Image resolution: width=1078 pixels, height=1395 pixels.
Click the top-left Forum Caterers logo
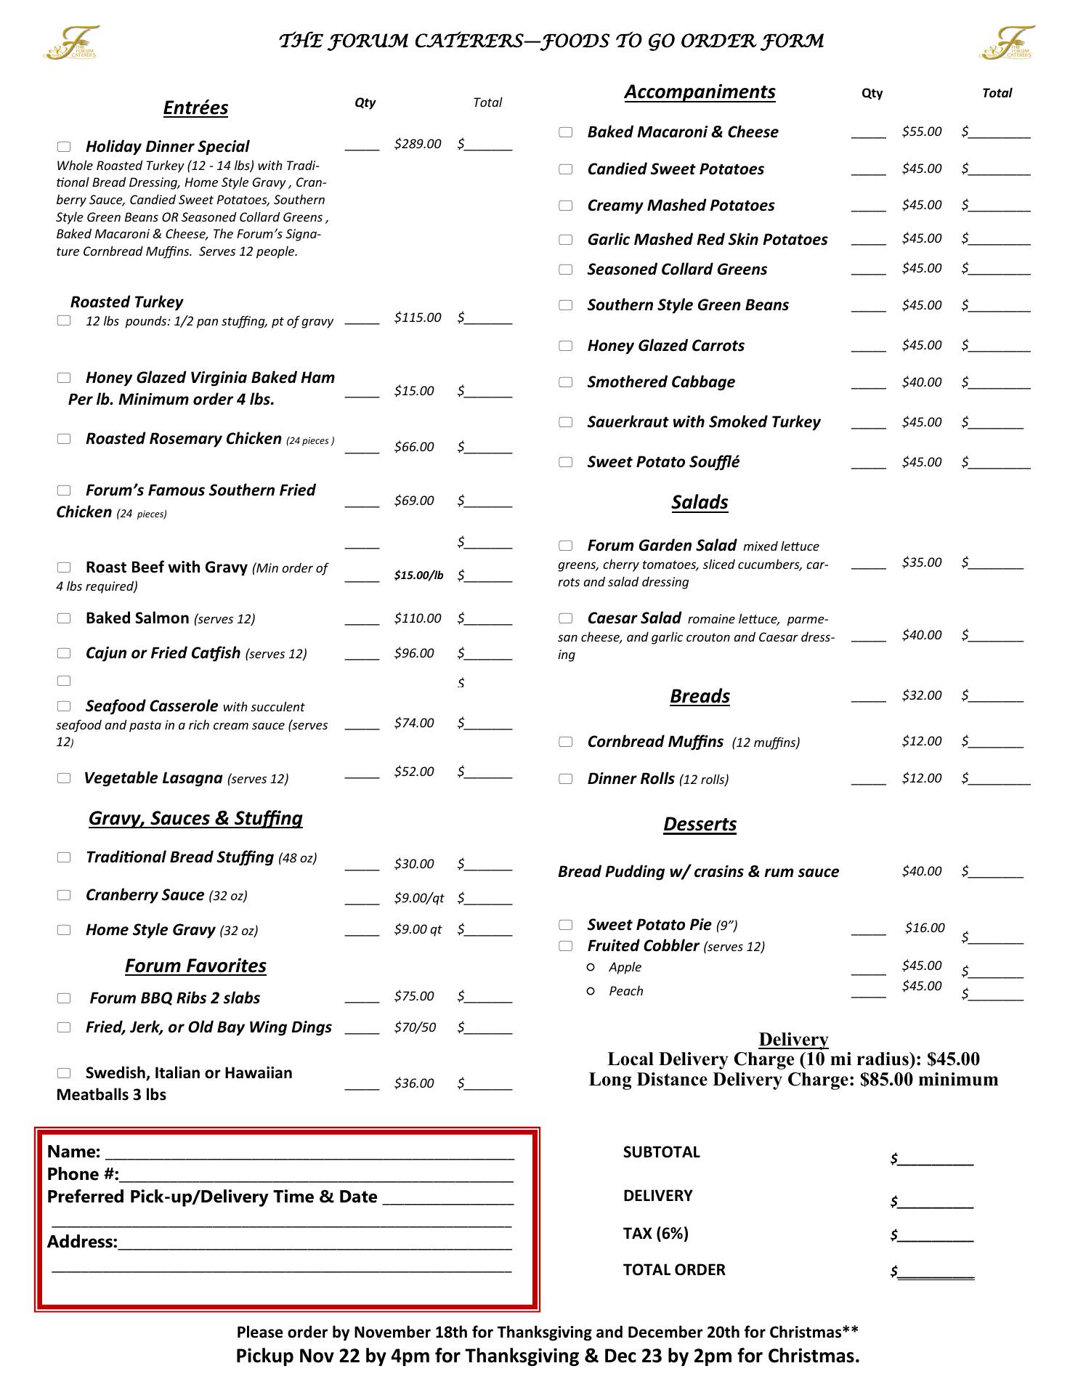71,42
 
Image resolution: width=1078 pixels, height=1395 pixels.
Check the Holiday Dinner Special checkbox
64,146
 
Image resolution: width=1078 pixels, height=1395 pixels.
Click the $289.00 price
417,144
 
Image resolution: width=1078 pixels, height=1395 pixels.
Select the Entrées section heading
195,108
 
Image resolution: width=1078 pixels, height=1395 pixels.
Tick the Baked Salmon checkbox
64,618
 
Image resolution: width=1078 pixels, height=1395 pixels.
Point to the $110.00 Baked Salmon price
417,618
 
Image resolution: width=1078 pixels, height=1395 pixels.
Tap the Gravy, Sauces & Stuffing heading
195,818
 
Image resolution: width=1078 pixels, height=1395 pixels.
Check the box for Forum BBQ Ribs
64,998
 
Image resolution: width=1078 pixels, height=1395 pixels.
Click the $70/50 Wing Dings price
415,1027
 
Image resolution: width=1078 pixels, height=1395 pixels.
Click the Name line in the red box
309,1153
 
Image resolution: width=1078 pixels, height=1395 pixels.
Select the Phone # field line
317,1176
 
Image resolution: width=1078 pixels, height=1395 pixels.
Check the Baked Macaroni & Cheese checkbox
565,132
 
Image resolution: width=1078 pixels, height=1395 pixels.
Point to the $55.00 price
921,132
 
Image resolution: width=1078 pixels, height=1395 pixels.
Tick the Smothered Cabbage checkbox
565,382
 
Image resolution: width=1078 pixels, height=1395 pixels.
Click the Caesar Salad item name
633,618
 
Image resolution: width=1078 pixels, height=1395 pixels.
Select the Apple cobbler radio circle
591,967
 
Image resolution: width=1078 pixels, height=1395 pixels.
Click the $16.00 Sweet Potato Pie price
925,928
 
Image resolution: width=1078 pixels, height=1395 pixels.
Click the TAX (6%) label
655,1233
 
